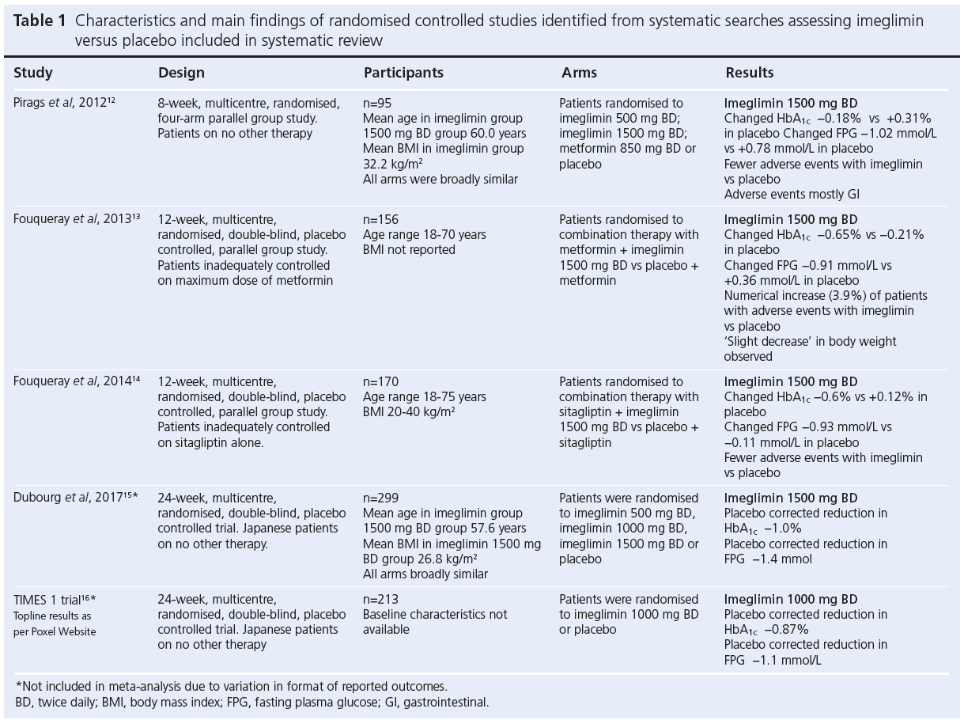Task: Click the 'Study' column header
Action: tap(33, 73)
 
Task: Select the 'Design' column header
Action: tap(181, 73)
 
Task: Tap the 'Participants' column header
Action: tap(403, 73)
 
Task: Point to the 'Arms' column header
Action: tap(579, 73)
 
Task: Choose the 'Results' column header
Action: tap(750, 73)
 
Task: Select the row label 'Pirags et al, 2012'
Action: tap(64, 103)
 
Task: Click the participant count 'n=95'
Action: tap(378, 103)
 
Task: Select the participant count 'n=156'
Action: tap(381, 219)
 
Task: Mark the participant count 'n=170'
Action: tap(381, 381)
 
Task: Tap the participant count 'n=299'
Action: tap(381, 498)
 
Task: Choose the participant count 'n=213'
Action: tap(381, 600)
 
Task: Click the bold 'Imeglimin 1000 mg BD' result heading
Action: tap(791, 600)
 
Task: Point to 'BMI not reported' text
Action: tap(409, 249)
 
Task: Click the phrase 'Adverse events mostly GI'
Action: tap(792, 194)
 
